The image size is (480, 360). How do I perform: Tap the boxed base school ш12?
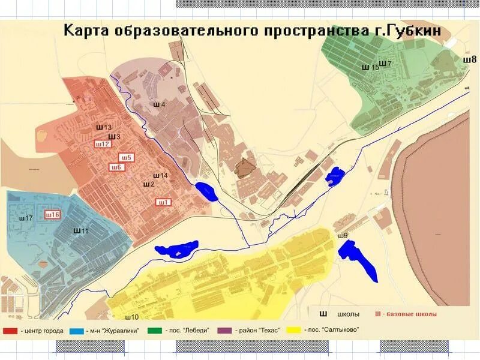point(102,144)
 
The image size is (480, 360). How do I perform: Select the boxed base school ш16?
point(53,215)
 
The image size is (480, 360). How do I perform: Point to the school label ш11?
point(81,230)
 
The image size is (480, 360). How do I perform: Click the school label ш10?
point(132,316)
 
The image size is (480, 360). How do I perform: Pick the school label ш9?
point(343,235)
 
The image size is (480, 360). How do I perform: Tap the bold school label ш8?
point(470,59)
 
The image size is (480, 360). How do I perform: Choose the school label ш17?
point(26,218)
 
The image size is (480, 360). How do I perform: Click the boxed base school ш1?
point(164,202)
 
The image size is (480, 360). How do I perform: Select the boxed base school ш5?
point(128,158)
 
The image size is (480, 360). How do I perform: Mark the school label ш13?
point(104,128)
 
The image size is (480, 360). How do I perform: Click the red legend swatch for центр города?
point(10,331)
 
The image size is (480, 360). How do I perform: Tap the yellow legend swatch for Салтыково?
point(293,330)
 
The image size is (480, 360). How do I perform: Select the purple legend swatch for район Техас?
point(224,331)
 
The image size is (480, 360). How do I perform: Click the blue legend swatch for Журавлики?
point(76,331)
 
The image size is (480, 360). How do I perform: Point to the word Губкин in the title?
point(410,30)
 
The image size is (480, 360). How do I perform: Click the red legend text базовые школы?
point(409,314)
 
